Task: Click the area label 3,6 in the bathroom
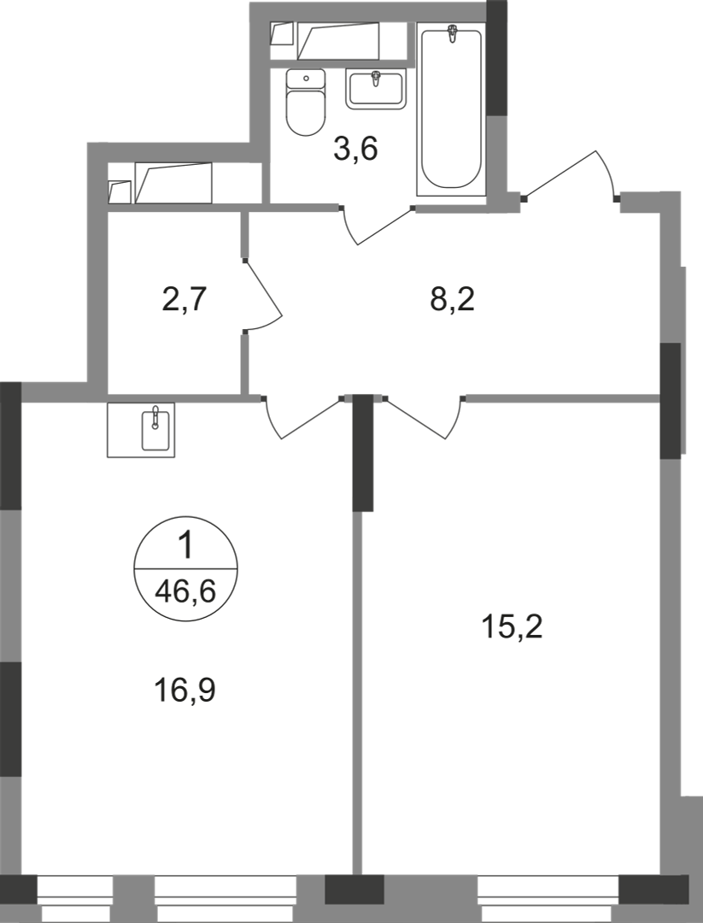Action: click(354, 149)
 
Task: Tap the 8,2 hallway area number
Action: click(452, 300)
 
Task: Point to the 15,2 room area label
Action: click(511, 626)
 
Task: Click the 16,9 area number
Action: click(185, 690)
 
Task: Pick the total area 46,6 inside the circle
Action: click(185, 591)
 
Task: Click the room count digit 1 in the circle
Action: click(185, 545)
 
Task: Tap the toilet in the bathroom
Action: click(306, 102)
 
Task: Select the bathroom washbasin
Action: click(376, 88)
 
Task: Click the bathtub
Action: click(451, 109)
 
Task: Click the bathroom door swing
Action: click(377, 225)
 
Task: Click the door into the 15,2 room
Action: click(423, 418)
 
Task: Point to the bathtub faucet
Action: click(452, 33)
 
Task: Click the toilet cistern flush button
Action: click(306, 78)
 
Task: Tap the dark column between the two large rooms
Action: click(363, 453)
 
